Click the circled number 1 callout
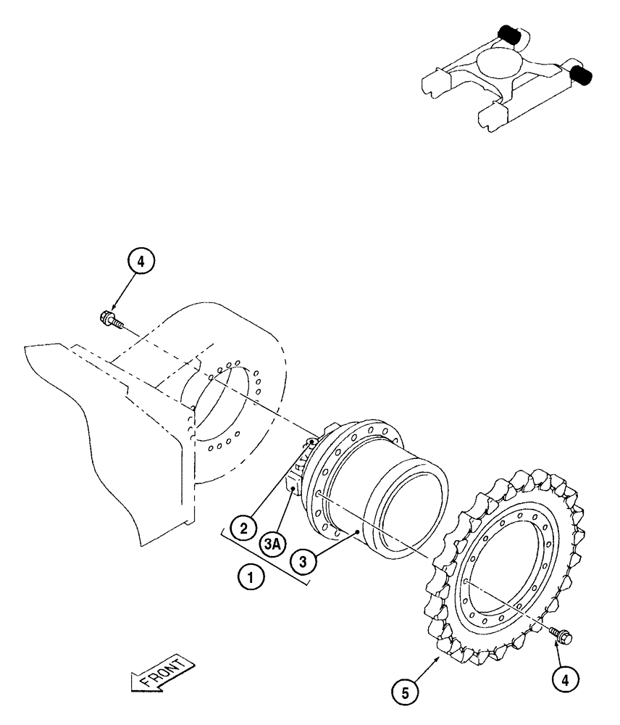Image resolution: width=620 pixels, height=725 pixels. (x=251, y=579)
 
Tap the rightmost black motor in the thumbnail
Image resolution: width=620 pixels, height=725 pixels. (x=582, y=73)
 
